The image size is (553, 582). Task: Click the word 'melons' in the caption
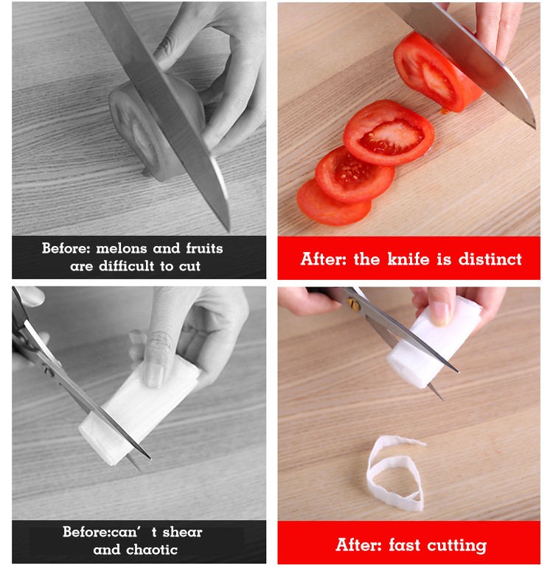pyautogui.click(x=122, y=248)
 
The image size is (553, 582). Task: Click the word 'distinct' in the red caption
pyautogui.click(x=490, y=259)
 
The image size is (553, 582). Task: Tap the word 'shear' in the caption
pyautogui.click(x=182, y=532)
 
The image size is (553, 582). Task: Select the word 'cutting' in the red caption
pyautogui.click(x=456, y=546)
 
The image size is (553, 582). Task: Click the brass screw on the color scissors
pyautogui.click(x=354, y=304)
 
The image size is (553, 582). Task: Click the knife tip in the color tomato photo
pyautogui.click(x=534, y=127)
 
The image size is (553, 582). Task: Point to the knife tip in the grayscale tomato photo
pyautogui.click(x=228, y=229)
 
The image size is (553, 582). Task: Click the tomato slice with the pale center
pyautogui.click(x=389, y=133)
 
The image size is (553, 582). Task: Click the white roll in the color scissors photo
pyautogui.click(x=434, y=343)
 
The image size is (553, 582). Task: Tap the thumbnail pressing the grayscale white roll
pyautogui.click(x=153, y=374)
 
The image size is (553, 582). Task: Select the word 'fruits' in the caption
pyautogui.click(x=204, y=248)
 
